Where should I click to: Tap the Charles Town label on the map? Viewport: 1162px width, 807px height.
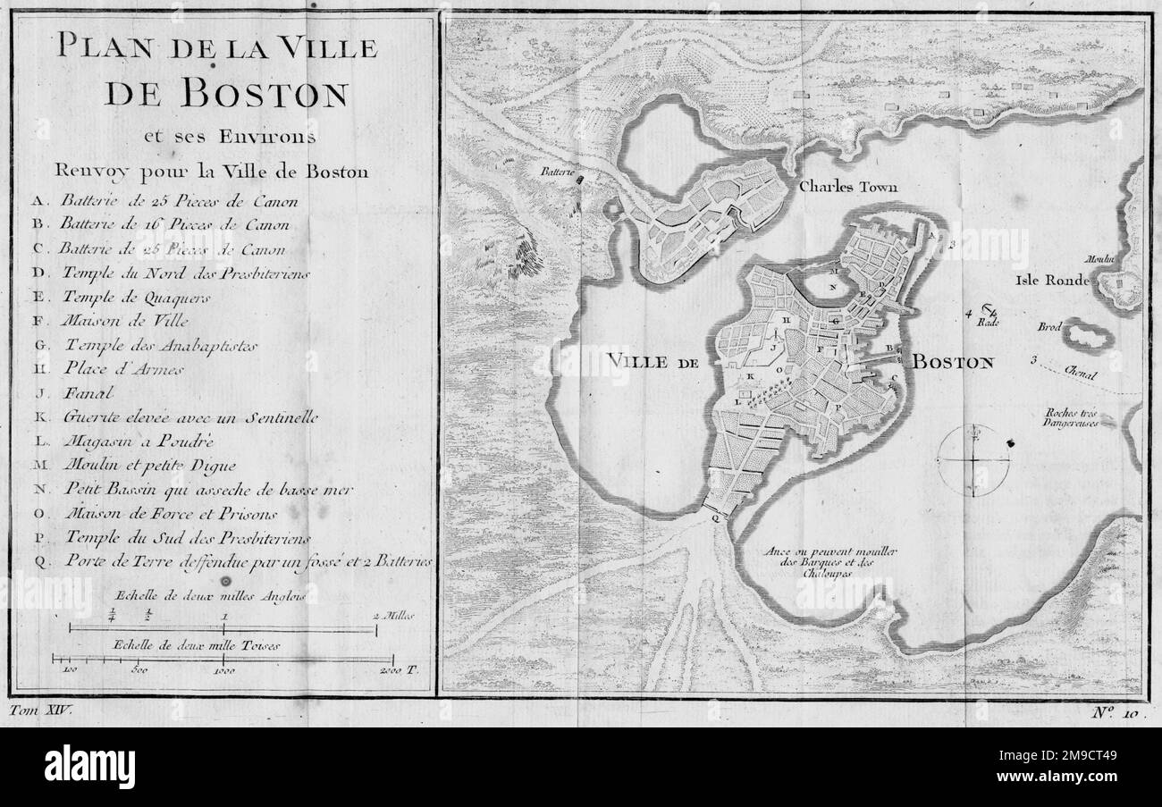click(847, 188)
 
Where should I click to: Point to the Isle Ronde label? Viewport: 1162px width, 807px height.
click(1052, 280)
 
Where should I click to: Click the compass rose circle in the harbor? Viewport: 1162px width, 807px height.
click(974, 459)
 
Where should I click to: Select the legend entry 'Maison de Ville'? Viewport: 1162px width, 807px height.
click(126, 319)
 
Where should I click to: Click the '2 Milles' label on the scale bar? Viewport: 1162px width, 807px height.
click(394, 616)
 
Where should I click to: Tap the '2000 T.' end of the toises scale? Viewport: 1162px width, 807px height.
click(397, 668)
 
